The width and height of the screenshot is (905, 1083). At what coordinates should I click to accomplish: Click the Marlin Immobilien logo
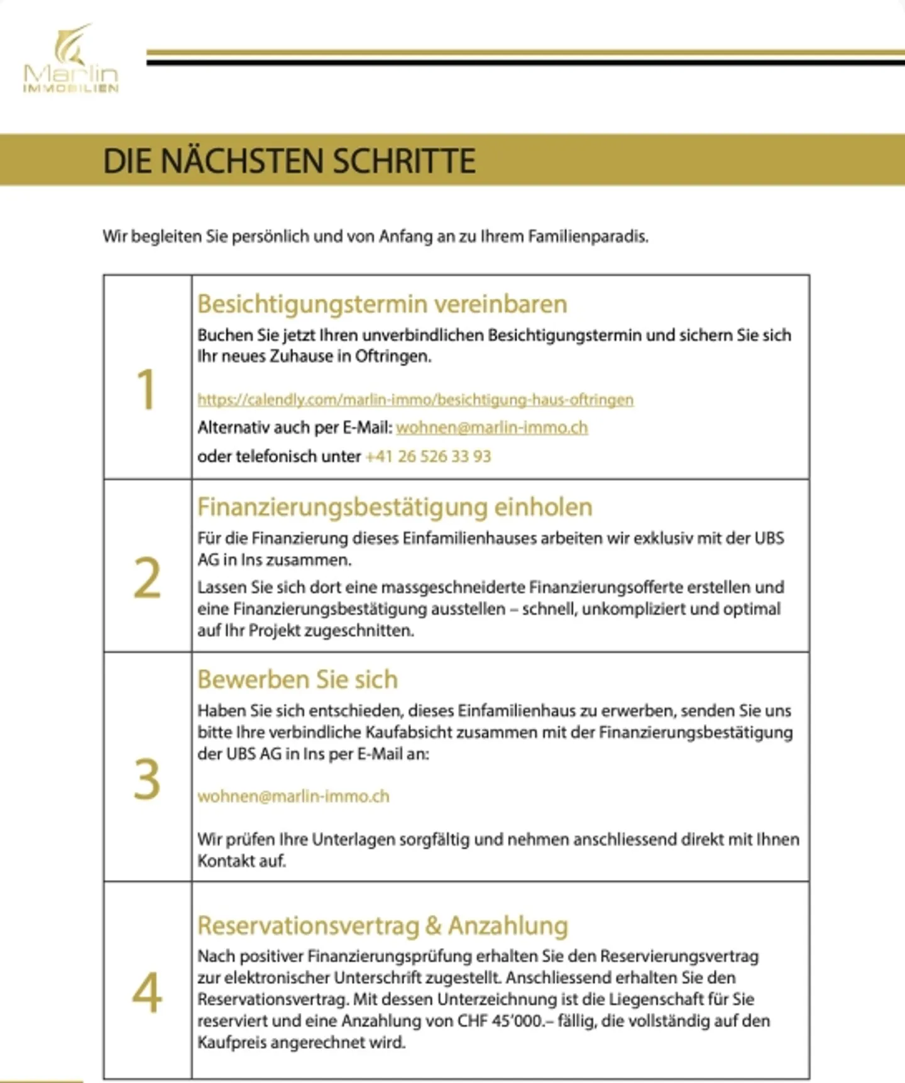pos(70,60)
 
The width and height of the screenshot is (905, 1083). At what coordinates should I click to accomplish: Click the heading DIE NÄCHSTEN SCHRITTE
pos(289,161)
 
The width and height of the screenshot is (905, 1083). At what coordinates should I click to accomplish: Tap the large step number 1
pos(146,390)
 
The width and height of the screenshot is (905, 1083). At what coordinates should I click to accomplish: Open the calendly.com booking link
pos(415,400)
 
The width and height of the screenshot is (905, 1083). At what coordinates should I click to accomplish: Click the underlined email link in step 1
pos(492,428)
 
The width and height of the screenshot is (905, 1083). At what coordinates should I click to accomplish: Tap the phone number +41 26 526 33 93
pos(428,456)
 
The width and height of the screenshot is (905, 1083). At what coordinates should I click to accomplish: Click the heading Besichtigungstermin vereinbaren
pos(382,304)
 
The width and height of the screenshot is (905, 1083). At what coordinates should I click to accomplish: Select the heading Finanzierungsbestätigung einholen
pos(395,507)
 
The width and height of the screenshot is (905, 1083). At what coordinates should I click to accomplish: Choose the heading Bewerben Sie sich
pos(298,679)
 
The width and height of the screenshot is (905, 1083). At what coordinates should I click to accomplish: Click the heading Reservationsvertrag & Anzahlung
pos(383,926)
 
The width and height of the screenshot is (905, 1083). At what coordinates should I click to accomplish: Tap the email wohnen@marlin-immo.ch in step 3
pos(293,796)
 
